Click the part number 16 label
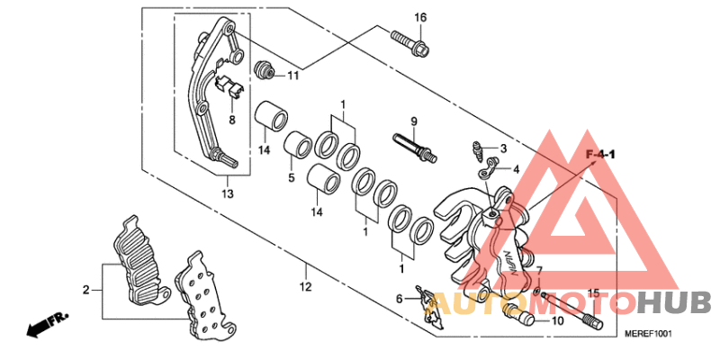(419, 18)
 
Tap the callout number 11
(292, 75)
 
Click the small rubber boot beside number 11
(265, 68)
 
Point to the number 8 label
(231, 120)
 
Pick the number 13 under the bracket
(227, 193)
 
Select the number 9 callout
(415, 121)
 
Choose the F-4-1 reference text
(600, 156)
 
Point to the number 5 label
(292, 178)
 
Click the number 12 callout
(305, 287)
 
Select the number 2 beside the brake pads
(86, 290)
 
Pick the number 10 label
(557, 319)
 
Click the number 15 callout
(593, 293)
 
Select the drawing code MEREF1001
(649, 335)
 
